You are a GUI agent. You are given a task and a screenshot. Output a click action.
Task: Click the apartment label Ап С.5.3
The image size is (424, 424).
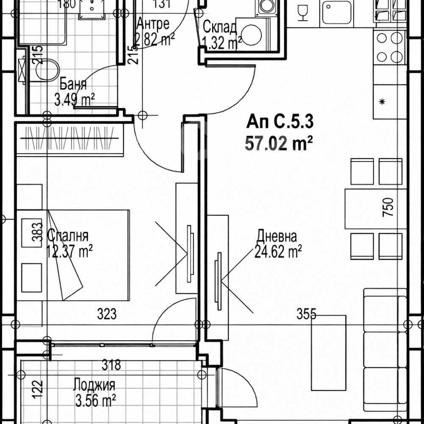pos(280,123)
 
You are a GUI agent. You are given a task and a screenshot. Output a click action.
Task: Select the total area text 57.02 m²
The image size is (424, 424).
pos(279,144)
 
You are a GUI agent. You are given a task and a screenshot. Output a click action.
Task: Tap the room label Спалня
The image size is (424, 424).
pos(68,236)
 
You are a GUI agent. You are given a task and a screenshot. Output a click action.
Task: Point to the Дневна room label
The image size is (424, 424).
pos(277,236)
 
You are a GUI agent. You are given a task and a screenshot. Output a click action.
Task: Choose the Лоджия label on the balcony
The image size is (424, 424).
pos(94,385)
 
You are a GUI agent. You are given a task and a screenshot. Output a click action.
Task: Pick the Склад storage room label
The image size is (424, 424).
pos(220,27)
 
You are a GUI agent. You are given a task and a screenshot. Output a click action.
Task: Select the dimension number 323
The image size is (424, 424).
pos(106,314)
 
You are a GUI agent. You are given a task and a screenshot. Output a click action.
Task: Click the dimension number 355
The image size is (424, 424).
pos(307,314)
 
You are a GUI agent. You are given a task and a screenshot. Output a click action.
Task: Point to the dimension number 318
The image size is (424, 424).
pos(112,364)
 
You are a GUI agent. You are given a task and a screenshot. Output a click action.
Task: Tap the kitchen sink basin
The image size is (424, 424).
pos(336,13)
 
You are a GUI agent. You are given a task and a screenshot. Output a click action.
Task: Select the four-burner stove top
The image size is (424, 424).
pos(389,47)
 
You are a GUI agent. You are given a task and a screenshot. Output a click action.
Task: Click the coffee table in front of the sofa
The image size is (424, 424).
pos(329,352)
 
